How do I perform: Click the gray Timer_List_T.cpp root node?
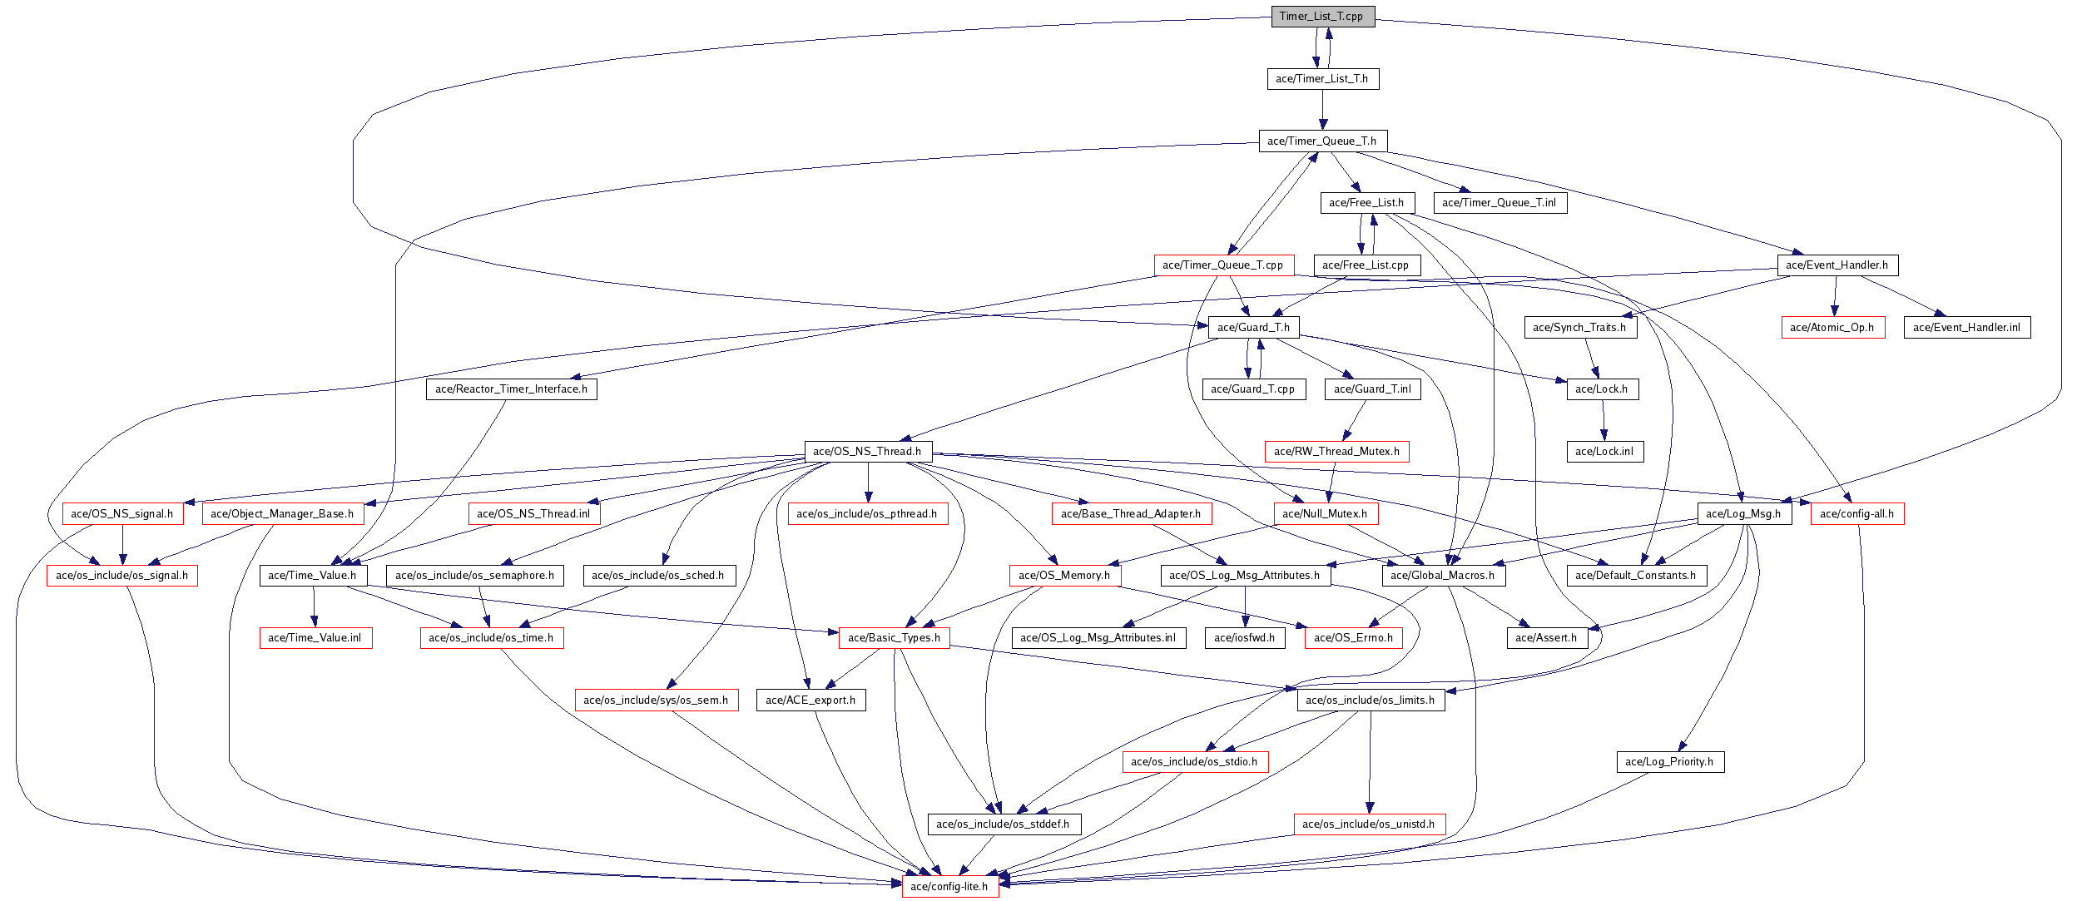[1322, 17]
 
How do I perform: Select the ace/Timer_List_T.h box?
[1322, 79]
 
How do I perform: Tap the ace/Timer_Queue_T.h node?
[1322, 141]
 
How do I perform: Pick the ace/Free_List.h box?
[1366, 203]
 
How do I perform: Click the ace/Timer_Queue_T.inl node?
[1500, 203]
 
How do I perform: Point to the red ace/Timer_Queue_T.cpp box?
[1223, 265]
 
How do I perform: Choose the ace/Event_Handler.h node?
[1837, 265]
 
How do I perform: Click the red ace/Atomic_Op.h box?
[1832, 328]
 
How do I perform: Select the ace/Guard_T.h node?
[1253, 328]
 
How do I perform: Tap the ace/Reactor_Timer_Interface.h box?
[511, 389]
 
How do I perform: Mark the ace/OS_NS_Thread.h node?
[867, 452]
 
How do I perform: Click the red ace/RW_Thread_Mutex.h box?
[1336, 452]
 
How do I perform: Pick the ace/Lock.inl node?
[1604, 452]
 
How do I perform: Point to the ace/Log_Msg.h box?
[1743, 514]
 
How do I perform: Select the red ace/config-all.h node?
[1856, 514]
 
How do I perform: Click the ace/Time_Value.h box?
[313, 576]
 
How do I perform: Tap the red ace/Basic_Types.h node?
[895, 638]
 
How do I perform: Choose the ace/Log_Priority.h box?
[1669, 762]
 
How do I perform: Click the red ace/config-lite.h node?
[949, 887]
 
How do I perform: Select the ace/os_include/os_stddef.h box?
[1004, 824]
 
